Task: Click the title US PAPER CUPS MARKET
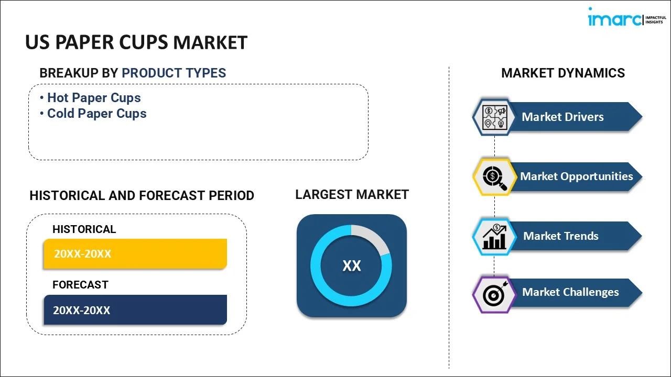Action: (x=136, y=42)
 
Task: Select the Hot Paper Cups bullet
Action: (x=94, y=98)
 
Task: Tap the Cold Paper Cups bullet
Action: (x=96, y=114)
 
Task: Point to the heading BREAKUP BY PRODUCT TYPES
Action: (x=133, y=73)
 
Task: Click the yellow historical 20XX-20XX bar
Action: (x=135, y=254)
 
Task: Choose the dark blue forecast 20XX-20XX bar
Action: (x=135, y=310)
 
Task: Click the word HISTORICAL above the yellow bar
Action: (x=84, y=229)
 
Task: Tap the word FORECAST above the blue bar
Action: (x=80, y=285)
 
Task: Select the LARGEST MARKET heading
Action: (x=352, y=195)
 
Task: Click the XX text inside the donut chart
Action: (x=351, y=266)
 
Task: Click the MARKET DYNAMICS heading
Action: (x=563, y=73)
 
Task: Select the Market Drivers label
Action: (x=562, y=117)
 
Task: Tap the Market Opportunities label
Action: (x=576, y=176)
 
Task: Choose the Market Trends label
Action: (x=560, y=236)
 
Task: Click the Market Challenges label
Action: (x=570, y=292)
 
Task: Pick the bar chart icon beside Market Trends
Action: (x=494, y=237)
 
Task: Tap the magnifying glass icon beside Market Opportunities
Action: (x=494, y=177)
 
